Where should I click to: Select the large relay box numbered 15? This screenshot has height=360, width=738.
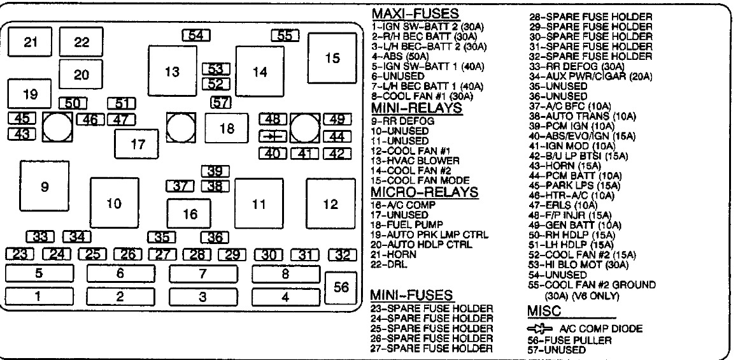pos(332,58)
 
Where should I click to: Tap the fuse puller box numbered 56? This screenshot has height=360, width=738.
pos(341,288)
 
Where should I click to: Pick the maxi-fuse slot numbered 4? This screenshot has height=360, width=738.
pos(285,297)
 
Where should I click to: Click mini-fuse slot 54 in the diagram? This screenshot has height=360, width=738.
pos(196,36)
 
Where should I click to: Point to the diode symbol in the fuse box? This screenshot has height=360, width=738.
pos(272,136)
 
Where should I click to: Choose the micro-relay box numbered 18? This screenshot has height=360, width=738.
pos(227,128)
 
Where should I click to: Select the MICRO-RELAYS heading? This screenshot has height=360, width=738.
pos(424,192)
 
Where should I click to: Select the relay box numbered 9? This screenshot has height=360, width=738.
pos(44,187)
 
